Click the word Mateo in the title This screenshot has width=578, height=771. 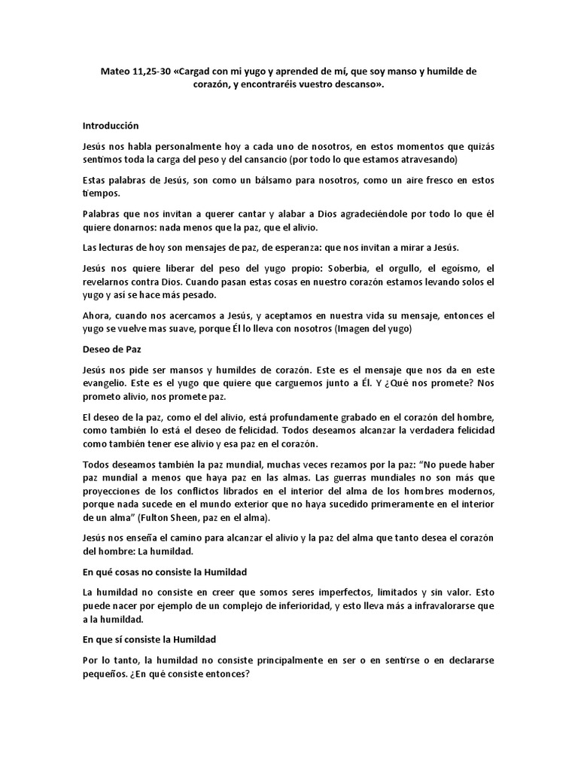coord(116,72)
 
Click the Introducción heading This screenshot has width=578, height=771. coord(111,126)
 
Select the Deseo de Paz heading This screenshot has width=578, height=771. coord(111,349)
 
